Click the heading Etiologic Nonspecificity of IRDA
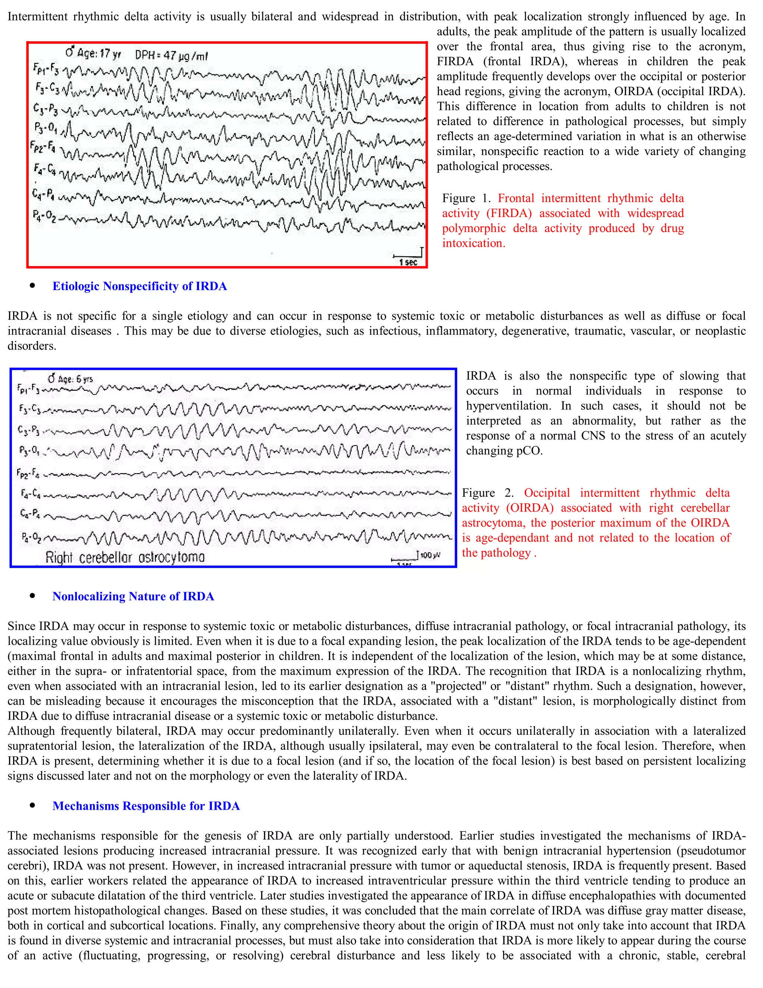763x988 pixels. (140, 286)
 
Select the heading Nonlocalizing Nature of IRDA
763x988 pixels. (133, 596)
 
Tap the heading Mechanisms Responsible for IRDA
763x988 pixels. (146, 806)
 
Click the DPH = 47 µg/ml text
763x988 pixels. (171, 56)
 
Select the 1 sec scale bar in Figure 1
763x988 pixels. (408, 259)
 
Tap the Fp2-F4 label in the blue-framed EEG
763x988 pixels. (28, 473)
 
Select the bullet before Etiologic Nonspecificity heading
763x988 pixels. (32, 286)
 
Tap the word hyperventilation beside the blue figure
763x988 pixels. (509, 406)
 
